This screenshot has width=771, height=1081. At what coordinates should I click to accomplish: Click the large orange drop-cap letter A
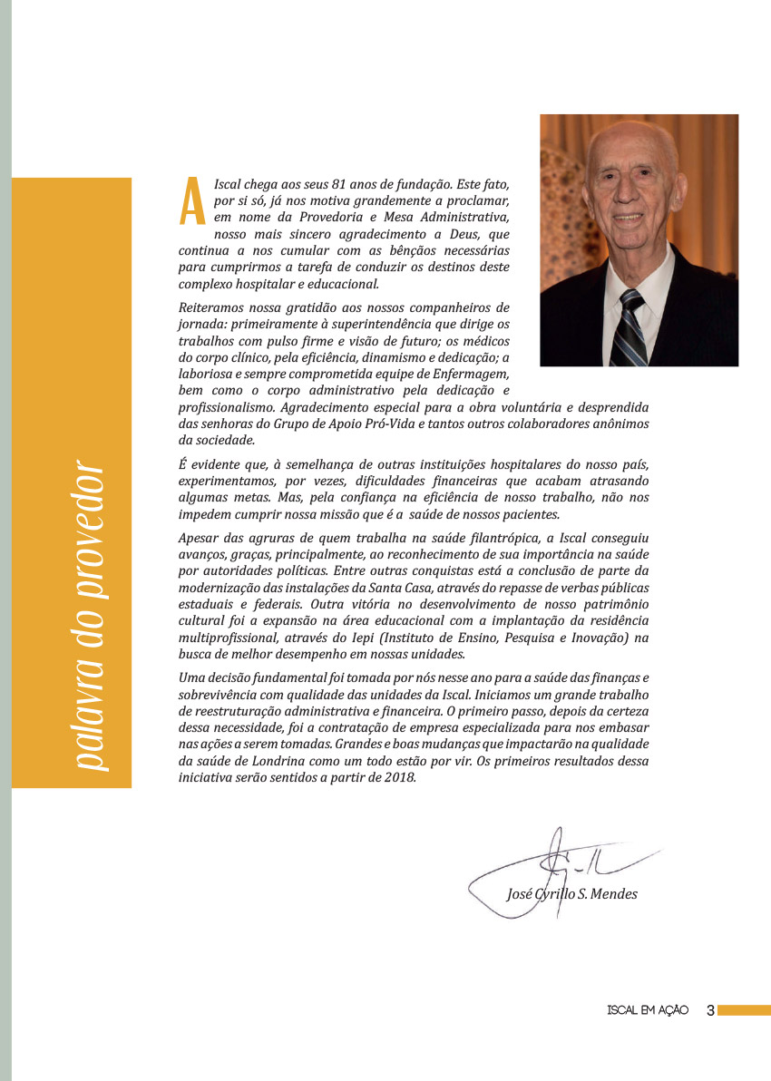tap(191, 201)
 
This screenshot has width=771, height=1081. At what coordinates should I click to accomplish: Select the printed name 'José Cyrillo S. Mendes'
tap(571, 894)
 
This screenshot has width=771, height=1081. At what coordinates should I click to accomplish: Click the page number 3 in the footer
tap(710, 1010)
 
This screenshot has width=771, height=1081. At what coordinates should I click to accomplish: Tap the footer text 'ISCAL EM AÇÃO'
tap(648, 1010)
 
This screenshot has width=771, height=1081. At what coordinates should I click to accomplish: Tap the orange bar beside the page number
tap(744, 1010)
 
